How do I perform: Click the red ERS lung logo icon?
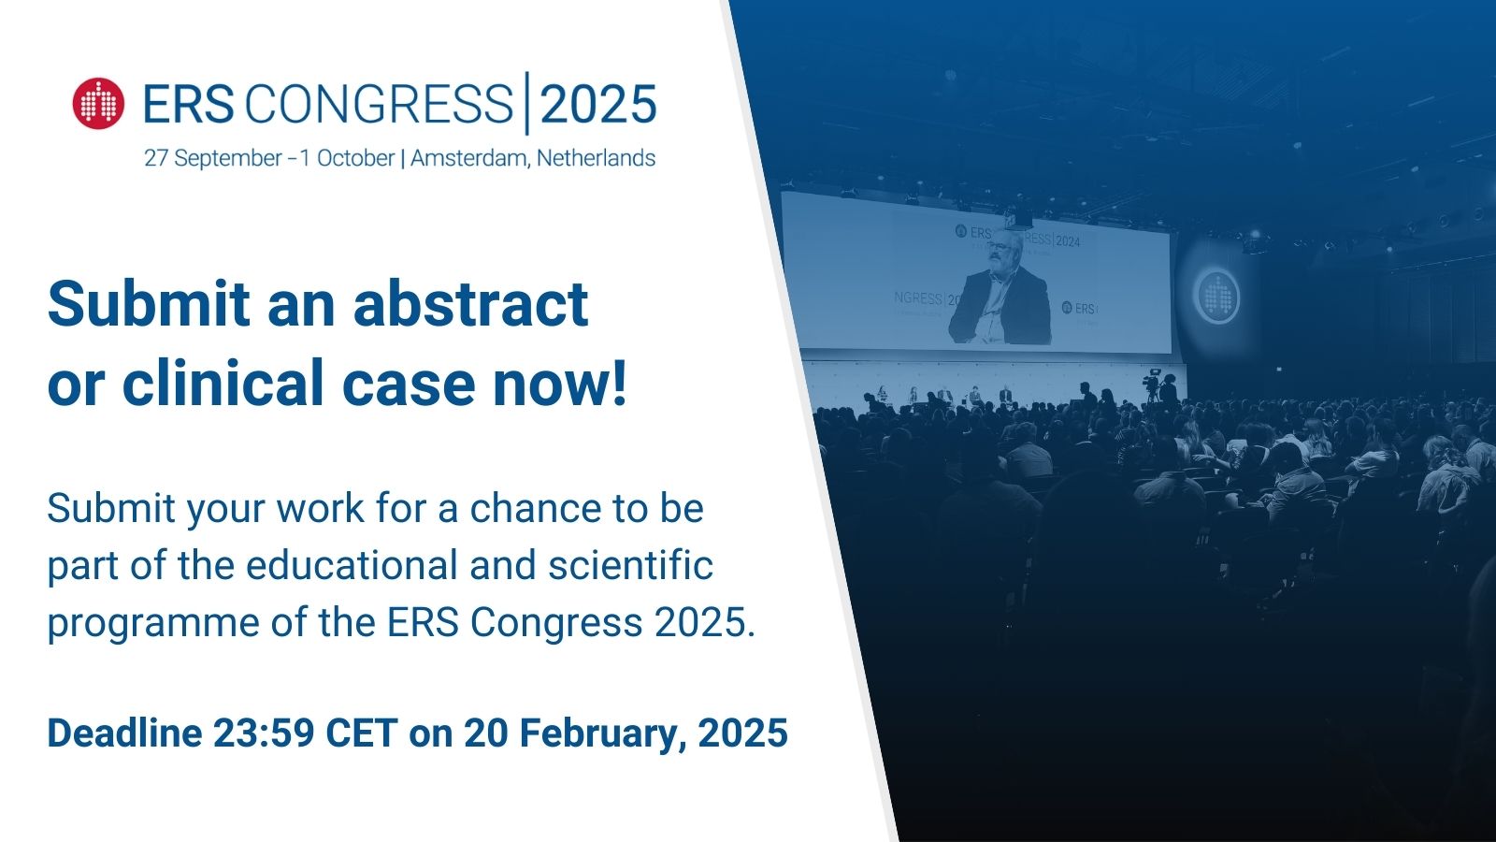tap(98, 103)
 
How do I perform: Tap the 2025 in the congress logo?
tap(598, 104)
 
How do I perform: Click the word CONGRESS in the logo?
tap(379, 104)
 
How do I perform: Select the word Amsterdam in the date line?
tap(468, 158)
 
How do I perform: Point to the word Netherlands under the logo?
tap(596, 158)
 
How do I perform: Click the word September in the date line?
tap(228, 158)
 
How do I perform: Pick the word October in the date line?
tap(355, 158)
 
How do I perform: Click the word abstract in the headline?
tap(470, 304)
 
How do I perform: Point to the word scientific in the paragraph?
tap(630, 566)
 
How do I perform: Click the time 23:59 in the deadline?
tap(264, 733)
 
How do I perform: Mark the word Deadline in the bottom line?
tap(124, 733)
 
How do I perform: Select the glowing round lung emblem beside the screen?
tap(1216, 297)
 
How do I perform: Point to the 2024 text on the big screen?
tap(1067, 241)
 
